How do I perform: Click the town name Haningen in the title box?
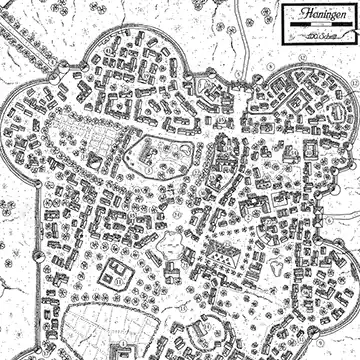pyautogui.click(x=316, y=16)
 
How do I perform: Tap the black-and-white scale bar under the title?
pyautogui.click(x=315, y=29)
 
